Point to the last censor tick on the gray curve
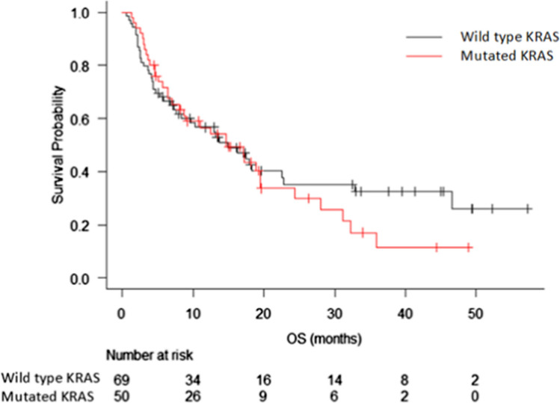point(528,209)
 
